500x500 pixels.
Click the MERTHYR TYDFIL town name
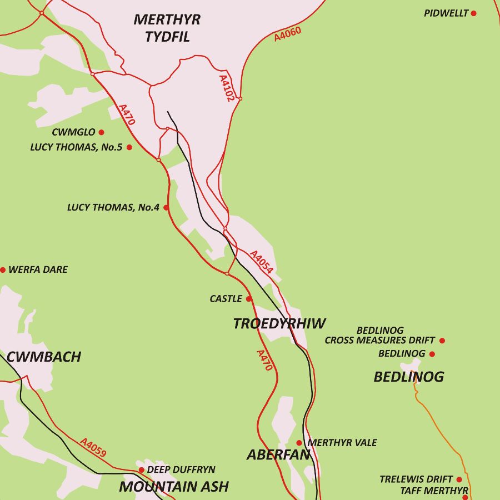(167, 28)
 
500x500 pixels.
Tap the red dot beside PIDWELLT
(473, 13)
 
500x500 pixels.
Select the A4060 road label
(288, 34)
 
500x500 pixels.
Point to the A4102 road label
(226, 88)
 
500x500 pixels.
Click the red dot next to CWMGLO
(101, 132)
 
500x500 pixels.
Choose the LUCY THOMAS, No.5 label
(76, 147)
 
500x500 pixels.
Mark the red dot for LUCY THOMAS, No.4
(166, 207)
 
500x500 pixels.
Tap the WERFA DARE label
(38, 269)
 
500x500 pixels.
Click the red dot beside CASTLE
(248, 299)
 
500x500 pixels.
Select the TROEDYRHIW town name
(279, 324)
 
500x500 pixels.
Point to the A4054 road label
(261, 262)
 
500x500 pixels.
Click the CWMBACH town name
(44, 357)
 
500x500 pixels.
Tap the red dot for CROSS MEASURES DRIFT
(442, 341)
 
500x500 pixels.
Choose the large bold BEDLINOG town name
(409, 377)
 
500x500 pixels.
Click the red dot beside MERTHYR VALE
(299, 443)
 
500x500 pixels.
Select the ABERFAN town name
(278, 455)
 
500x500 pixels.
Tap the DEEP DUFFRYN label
(181, 470)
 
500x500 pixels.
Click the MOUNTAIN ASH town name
(174, 487)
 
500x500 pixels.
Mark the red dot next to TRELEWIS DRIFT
(459, 479)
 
